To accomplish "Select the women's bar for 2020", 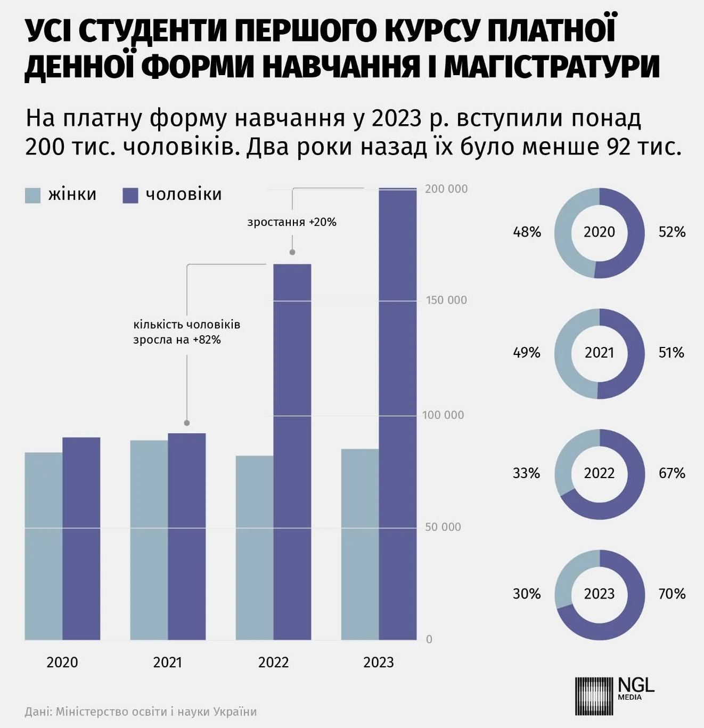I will pyautogui.click(x=44, y=546).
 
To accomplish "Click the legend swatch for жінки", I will pyautogui.click(x=32, y=195).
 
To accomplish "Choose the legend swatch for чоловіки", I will pyautogui.click(x=130, y=195).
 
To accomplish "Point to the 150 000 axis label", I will pyautogui.click(x=446, y=300).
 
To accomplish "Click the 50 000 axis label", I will pyautogui.click(x=443, y=527).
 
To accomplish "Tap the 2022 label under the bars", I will pyautogui.click(x=273, y=662).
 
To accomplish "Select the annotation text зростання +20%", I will pyautogui.click(x=292, y=222).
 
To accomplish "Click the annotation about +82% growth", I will pyautogui.click(x=186, y=332).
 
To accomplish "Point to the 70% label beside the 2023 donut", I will pyautogui.click(x=672, y=594).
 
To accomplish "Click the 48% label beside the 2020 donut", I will pyautogui.click(x=527, y=232).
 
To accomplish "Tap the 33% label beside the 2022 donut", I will pyautogui.click(x=526, y=473).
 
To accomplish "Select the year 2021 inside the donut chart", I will pyautogui.click(x=600, y=353).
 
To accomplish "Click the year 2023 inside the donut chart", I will pyautogui.click(x=600, y=594).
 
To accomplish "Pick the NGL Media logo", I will pyautogui.click(x=615, y=695).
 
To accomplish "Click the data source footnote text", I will pyautogui.click(x=141, y=711).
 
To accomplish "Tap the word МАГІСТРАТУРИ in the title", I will pyautogui.click(x=552, y=67).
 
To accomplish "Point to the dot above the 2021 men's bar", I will pyautogui.click(x=187, y=423).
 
